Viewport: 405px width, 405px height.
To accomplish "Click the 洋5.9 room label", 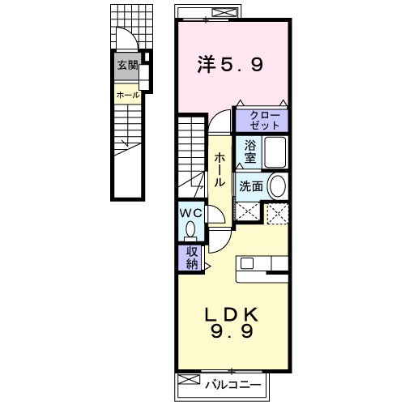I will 231,64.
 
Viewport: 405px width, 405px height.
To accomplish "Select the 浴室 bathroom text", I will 251,151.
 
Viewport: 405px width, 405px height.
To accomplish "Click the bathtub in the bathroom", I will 275,151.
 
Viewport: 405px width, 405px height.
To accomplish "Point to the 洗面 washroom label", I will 251,186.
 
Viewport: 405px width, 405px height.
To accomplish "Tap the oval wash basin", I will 278,186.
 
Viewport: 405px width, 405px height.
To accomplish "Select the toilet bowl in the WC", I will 191,230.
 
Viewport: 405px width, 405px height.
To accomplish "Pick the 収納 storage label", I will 191,258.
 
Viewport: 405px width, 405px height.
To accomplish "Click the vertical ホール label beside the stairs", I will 220,170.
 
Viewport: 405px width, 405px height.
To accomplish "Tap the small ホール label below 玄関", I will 128,95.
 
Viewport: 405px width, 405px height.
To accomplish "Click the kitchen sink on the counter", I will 247,262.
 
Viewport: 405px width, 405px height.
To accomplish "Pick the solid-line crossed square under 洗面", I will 248,212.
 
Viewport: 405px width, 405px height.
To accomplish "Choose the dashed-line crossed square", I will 277,212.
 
